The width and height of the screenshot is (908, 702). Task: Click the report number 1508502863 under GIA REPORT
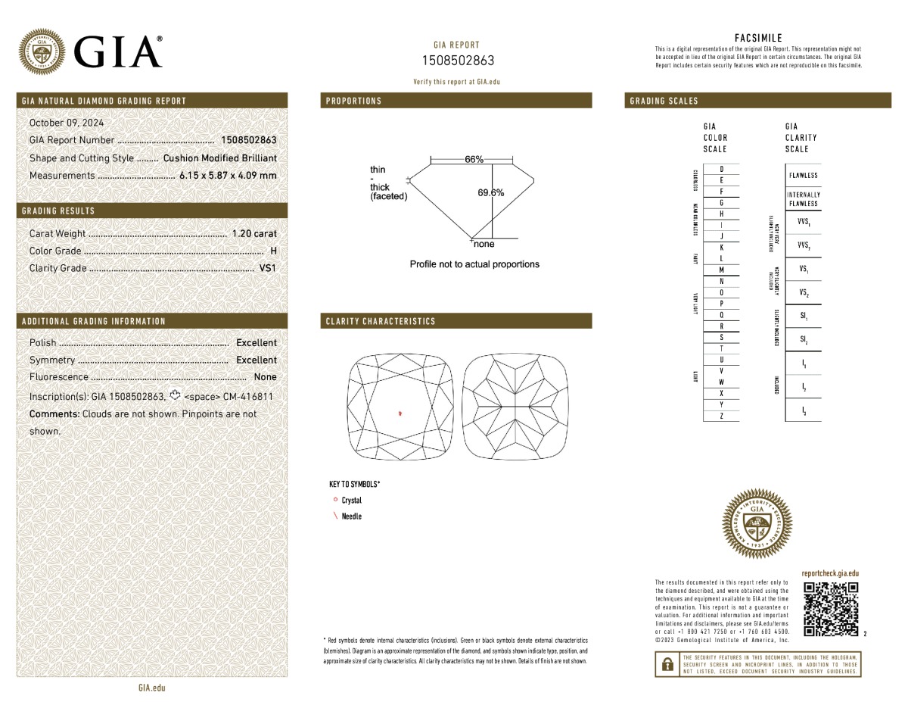pyautogui.click(x=457, y=61)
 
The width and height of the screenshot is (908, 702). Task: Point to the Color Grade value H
pyautogui.click(x=272, y=251)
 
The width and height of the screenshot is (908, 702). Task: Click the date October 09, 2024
pyautogui.click(x=67, y=123)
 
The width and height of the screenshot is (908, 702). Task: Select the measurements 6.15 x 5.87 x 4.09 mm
pyautogui.click(x=228, y=176)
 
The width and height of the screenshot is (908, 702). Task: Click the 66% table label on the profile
pyautogui.click(x=474, y=159)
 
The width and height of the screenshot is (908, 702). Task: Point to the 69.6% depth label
pyautogui.click(x=490, y=192)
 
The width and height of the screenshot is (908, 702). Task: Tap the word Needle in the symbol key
pyautogui.click(x=352, y=516)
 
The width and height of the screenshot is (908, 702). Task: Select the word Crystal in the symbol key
pyautogui.click(x=352, y=501)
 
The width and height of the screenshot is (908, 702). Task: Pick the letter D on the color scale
pyautogui.click(x=721, y=169)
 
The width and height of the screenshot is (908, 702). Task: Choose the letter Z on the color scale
pyautogui.click(x=721, y=417)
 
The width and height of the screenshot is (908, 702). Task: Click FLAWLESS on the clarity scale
pyautogui.click(x=803, y=176)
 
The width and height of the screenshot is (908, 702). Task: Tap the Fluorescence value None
pyautogui.click(x=265, y=377)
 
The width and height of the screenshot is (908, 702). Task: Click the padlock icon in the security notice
pyautogui.click(x=667, y=665)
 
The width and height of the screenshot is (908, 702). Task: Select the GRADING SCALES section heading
pyautogui.click(x=664, y=101)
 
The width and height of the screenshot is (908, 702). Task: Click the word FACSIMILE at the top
pyautogui.click(x=758, y=38)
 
